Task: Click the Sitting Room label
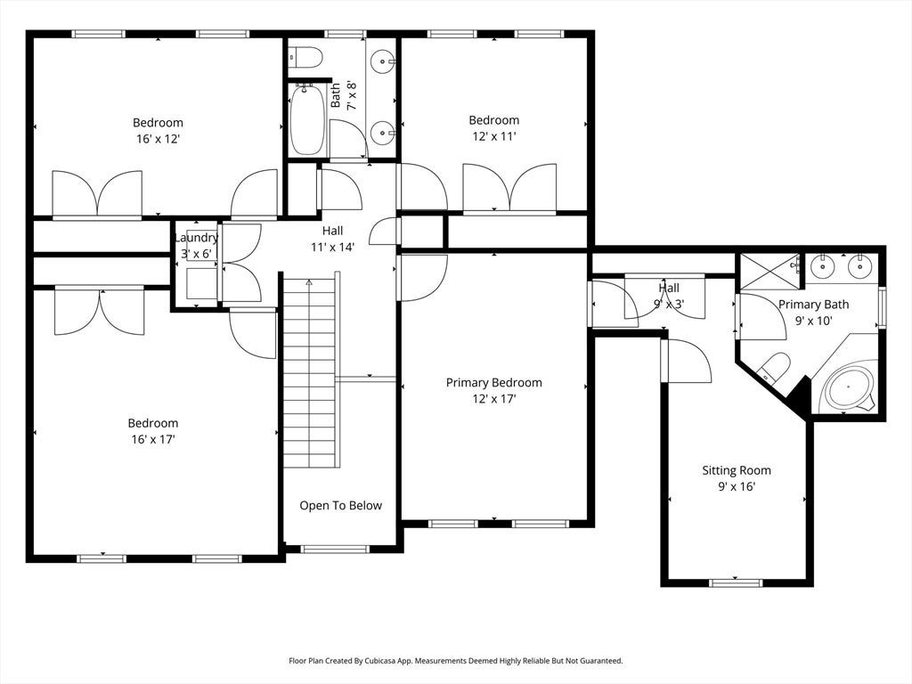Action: point(737,470)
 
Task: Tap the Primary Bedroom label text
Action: point(493,383)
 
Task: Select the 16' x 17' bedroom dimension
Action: point(153,439)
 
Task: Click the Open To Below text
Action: point(341,506)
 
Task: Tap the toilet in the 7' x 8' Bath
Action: point(306,58)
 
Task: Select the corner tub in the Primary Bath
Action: point(849,388)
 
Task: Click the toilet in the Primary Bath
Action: point(774,368)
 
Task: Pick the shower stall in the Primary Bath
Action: point(770,271)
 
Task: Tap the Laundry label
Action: point(197,238)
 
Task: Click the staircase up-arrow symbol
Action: point(309,282)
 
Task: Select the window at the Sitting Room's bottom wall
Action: point(736,582)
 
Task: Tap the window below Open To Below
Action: point(335,549)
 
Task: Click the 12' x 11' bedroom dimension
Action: point(494,136)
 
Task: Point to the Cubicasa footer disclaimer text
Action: point(456,661)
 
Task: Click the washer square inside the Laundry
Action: point(201,284)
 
